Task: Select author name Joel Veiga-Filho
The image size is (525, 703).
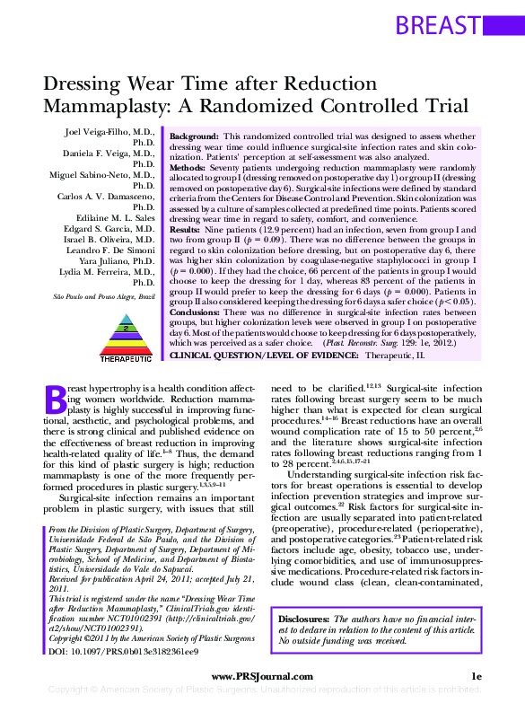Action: click(107, 132)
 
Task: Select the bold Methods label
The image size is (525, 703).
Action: click(187, 167)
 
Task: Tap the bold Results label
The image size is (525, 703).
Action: click(184, 229)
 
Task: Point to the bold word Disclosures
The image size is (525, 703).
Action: click(304, 620)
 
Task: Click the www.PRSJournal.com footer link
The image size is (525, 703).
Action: click(262, 676)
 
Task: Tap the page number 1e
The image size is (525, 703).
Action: click(477, 676)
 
